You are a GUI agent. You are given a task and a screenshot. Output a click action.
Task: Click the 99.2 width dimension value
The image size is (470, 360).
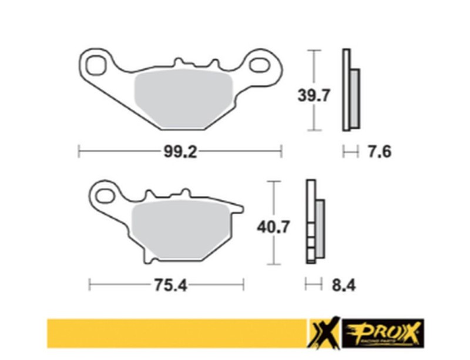click(x=179, y=152)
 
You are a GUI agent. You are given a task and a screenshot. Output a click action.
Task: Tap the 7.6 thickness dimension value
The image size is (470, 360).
click(x=379, y=152)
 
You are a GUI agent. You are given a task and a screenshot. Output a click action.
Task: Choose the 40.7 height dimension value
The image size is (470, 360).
click(x=273, y=226)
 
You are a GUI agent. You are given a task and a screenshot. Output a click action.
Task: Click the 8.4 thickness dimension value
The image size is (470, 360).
click(x=343, y=285)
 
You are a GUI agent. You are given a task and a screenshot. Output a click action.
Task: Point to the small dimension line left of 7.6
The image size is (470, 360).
click(x=350, y=152)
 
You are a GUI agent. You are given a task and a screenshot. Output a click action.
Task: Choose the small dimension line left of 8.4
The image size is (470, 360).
click(x=313, y=285)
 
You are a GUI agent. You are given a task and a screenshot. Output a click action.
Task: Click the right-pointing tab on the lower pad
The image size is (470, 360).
click(x=237, y=209)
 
